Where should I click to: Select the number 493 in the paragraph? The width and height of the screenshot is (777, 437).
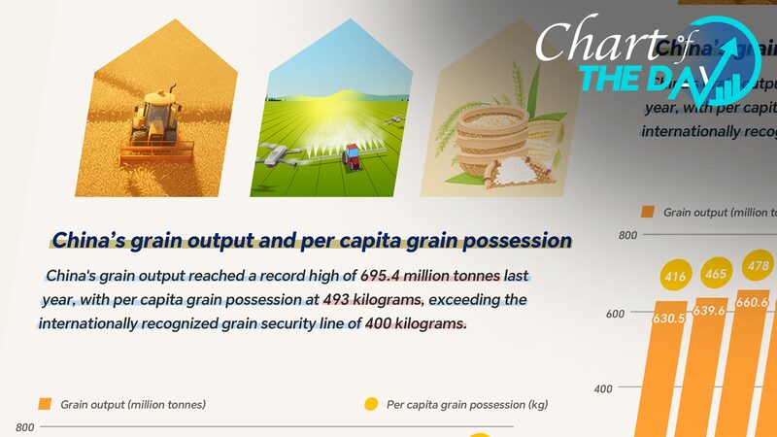point(312,299)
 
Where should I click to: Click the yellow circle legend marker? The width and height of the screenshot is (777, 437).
point(371,404)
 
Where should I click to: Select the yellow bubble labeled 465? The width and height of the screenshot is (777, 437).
point(715,275)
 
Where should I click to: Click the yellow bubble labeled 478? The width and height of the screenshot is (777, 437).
point(756,265)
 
